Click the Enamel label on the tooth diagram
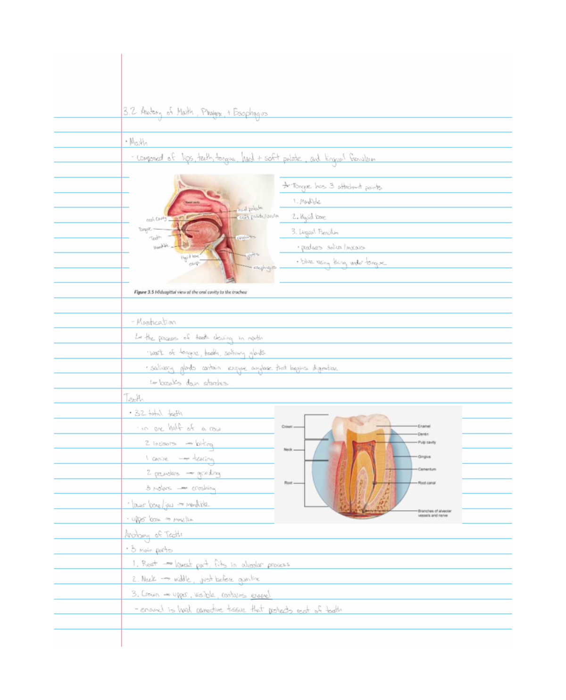point(424,426)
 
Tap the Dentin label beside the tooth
point(423,434)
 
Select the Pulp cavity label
point(427,442)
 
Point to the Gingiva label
point(424,457)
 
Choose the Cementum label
point(427,469)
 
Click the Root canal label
point(427,483)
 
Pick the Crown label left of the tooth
point(287,427)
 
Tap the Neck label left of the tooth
point(288,450)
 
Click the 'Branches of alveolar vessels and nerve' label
point(434,513)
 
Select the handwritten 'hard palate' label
point(250,208)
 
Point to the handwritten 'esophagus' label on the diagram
point(264,268)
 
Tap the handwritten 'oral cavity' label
point(156,219)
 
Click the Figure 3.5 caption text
point(191,292)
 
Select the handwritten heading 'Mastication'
point(156,322)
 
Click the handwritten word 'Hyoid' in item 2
point(307,217)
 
